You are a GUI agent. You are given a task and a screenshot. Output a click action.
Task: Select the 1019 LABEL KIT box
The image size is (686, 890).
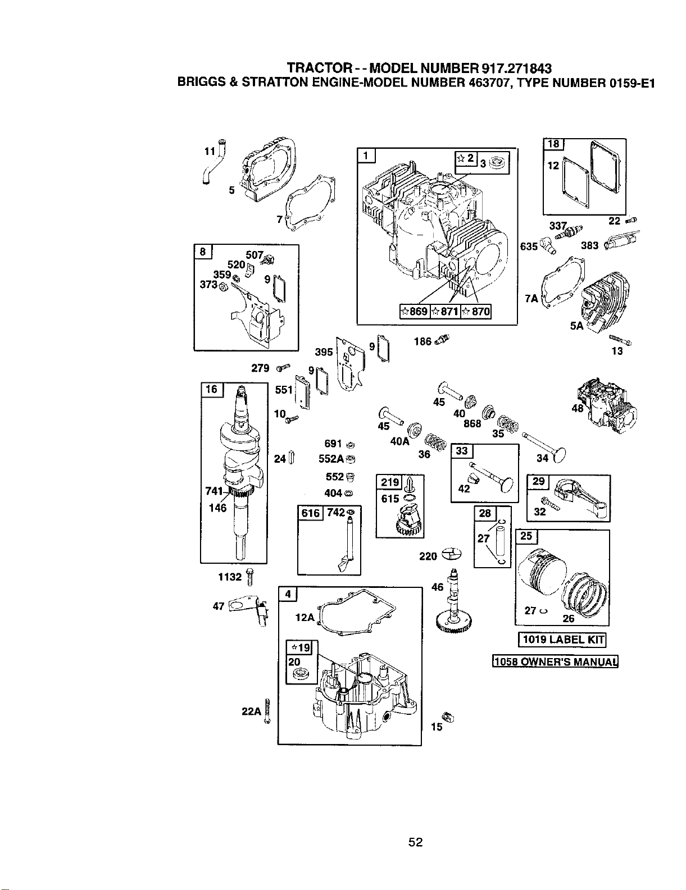coord(562,640)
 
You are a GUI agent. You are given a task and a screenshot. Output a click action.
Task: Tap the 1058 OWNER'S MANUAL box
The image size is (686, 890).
coord(555,661)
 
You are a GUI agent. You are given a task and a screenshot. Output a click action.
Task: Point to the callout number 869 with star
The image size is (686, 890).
coord(414,312)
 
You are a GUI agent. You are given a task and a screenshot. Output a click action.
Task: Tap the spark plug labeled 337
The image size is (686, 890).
coord(569,234)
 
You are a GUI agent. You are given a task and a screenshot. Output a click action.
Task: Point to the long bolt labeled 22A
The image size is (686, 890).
coord(267,711)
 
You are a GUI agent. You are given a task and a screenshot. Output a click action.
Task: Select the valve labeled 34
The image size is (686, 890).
coord(546,446)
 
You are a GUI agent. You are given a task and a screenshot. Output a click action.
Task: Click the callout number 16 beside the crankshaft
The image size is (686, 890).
coord(211,389)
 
